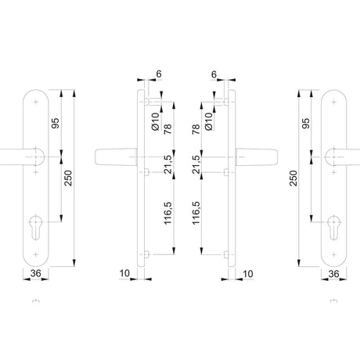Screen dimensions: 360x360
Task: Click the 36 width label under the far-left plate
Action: click(x=36, y=273)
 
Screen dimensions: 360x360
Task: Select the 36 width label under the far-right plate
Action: click(x=333, y=274)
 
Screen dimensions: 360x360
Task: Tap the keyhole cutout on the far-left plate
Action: click(x=35, y=227)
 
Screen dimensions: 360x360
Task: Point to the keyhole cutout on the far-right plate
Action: click(x=333, y=227)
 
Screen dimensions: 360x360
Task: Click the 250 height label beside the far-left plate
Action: click(x=68, y=178)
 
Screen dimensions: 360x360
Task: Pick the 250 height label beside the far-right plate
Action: click(x=293, y=178)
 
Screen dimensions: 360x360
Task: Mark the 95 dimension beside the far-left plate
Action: click(x=56, y=123)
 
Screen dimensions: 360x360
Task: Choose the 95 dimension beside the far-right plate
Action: click(x=306, y=123)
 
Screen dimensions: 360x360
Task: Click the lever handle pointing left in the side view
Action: click(x=116, y=157)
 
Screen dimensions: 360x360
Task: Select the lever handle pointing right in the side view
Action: click(x=257, y=157)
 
